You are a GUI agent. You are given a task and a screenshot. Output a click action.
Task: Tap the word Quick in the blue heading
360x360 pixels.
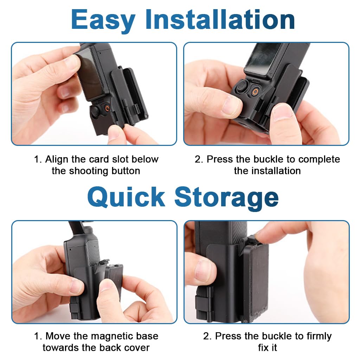(126, 197)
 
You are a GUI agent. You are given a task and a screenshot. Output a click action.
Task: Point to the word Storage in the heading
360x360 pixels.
(226, 197)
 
